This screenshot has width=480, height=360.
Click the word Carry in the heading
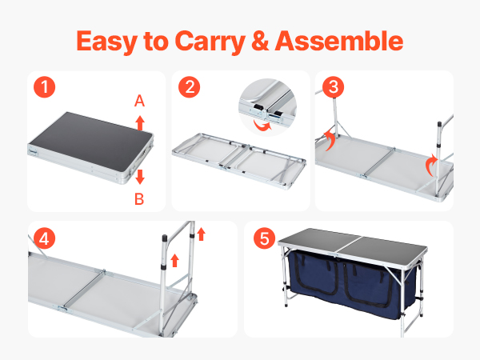(210, 42)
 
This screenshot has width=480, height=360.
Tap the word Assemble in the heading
(339, 41)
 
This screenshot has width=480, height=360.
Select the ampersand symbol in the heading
(260, 41)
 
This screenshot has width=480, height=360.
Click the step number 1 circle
(44, 87)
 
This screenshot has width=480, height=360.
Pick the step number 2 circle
(189, 87)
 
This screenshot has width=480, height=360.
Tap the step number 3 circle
(334, 87)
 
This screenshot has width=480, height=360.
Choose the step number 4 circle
(44, 238)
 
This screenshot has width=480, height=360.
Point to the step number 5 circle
(265, 238)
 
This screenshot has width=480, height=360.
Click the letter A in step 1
(139, 101)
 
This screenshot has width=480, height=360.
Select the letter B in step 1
(139, 199)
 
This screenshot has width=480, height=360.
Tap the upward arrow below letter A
(140, 123)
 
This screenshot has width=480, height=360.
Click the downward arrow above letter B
(140, 177)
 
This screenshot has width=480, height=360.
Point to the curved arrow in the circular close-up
(262, 126)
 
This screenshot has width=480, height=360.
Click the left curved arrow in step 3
(330, 140)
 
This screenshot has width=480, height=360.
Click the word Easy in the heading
(107, 42)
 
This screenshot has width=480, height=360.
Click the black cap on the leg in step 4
(164, 238)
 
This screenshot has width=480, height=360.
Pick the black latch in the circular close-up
(258, 107)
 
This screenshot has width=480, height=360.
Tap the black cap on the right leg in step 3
(439, 125)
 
